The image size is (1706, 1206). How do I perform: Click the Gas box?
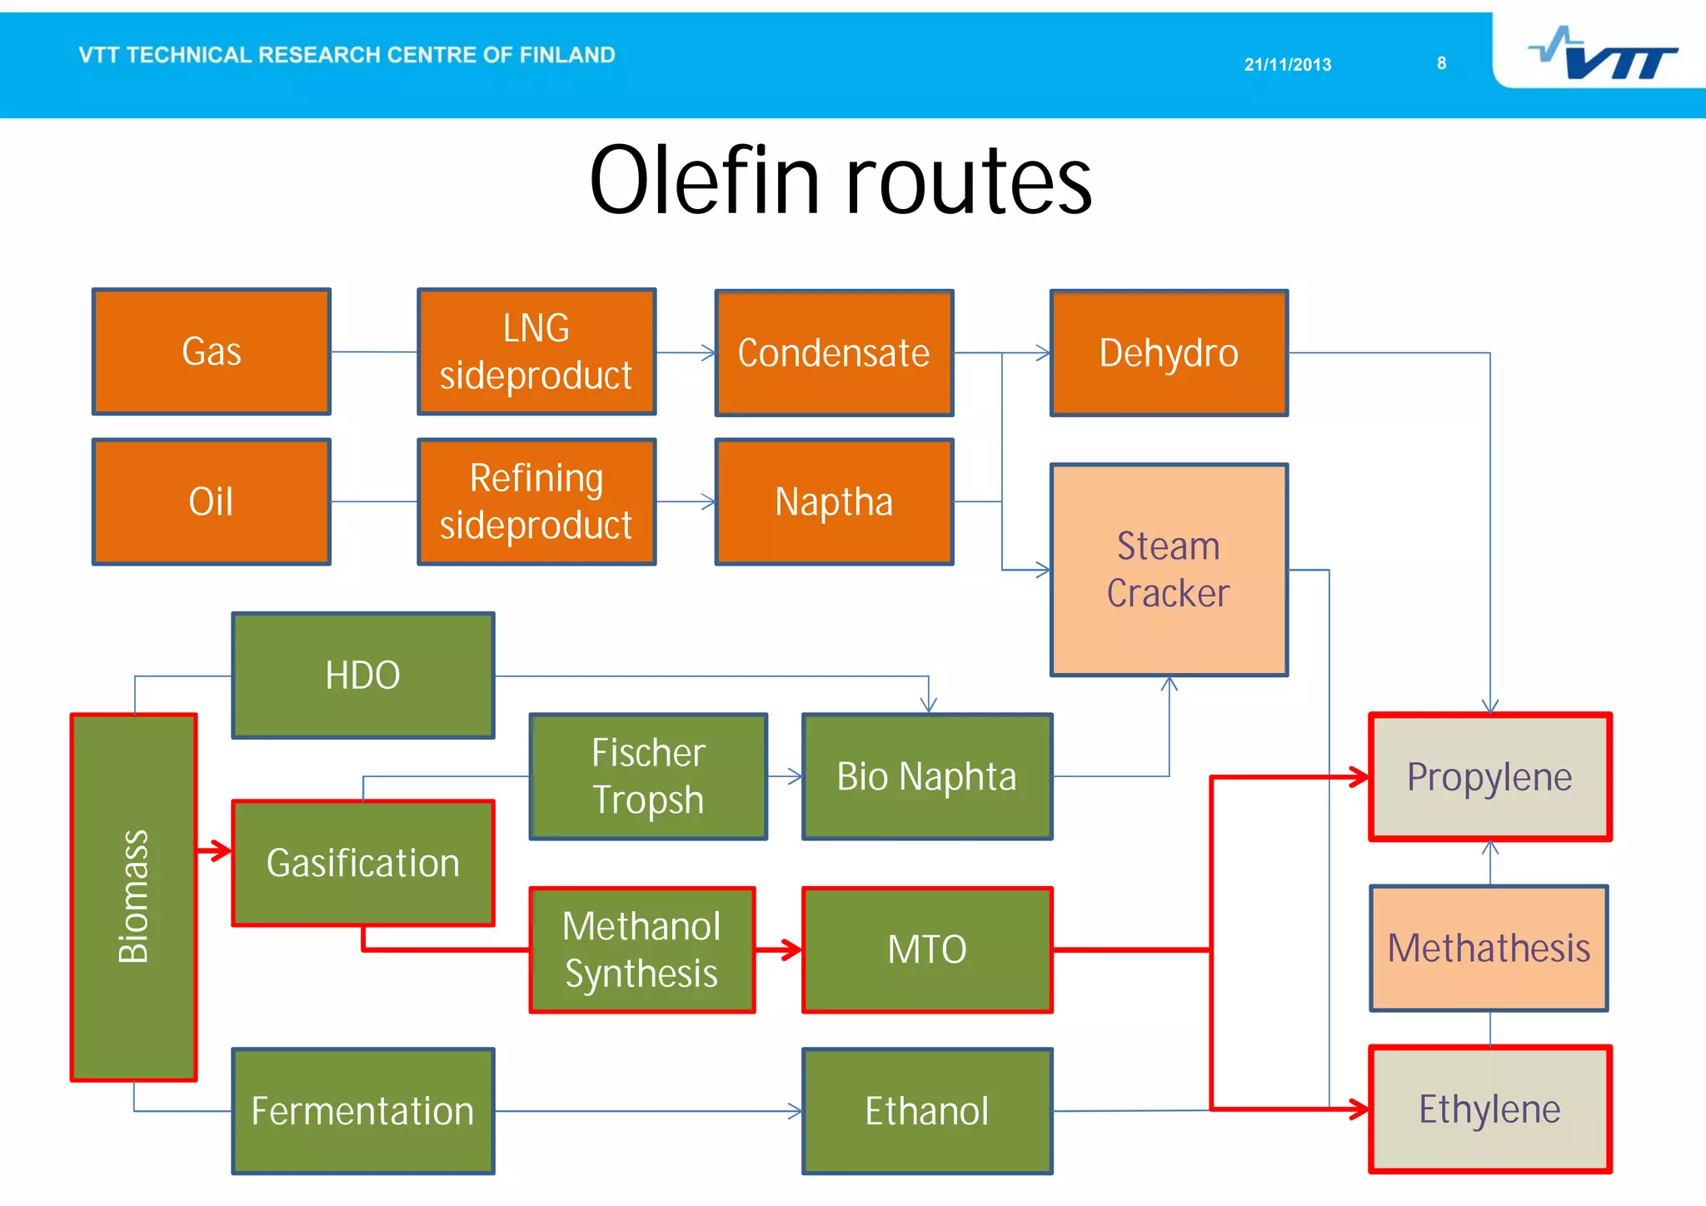212,351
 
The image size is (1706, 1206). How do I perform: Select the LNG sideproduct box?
536,351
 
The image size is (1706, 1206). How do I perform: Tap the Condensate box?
834,353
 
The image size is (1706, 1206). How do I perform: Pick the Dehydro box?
1169,353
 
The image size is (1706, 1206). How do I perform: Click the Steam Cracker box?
1169,570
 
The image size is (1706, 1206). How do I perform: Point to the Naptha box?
834,501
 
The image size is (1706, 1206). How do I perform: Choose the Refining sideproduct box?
536,501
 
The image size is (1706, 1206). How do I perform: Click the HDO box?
363,675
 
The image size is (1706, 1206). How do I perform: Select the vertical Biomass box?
134,897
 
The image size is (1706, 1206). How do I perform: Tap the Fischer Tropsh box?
648,776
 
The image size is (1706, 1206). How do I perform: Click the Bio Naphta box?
927,776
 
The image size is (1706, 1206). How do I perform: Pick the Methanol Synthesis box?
642,949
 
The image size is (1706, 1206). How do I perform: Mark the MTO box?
927,949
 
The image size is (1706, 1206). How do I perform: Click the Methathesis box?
1489,948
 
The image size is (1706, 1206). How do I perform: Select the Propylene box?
1489,777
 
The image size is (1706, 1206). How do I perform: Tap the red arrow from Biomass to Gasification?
215,850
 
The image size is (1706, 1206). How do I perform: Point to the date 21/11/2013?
1288,65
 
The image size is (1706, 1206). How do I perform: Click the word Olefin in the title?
704,181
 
